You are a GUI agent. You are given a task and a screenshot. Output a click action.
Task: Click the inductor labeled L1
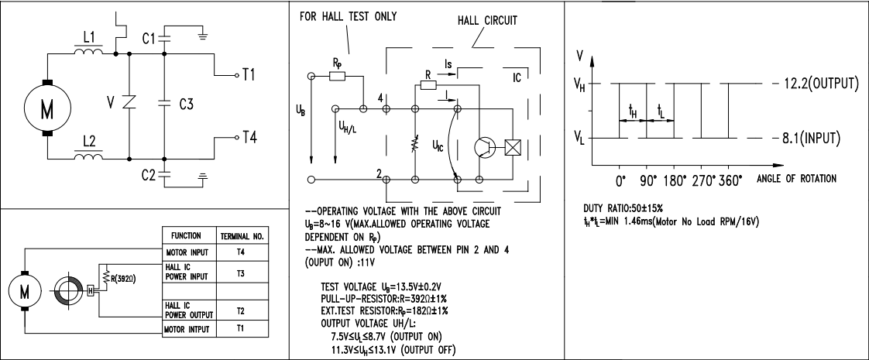pos(88,52)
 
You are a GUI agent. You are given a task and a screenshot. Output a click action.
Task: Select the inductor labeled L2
pos(88,156)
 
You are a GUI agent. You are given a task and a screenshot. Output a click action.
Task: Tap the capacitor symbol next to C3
pos(164,102)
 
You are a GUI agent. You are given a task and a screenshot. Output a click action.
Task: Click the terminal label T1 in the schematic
pos(249,74)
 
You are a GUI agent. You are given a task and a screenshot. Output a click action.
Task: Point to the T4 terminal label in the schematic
pos(249,137)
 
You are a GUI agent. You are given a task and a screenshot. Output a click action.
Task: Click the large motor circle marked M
pos(47,108)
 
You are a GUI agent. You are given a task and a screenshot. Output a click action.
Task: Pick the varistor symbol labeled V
pos(129,102)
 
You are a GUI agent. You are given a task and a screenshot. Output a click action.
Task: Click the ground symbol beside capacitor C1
pos(204,36)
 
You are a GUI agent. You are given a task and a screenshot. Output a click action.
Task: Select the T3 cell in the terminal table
pos(241,273)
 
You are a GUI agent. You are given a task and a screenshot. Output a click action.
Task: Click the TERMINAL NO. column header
pos(242,236)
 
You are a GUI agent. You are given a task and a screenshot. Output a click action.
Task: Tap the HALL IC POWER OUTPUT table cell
pos(188,310)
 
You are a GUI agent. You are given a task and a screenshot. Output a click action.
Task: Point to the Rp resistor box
pos(337,76)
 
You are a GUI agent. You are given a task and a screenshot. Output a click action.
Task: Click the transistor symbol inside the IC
pos(485,147)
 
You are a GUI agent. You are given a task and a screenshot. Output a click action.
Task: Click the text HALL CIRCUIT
pos(487,20)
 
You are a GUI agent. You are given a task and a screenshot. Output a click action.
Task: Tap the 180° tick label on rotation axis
pos(675,180)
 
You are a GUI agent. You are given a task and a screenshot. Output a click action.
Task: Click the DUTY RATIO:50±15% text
pos(623,208)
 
